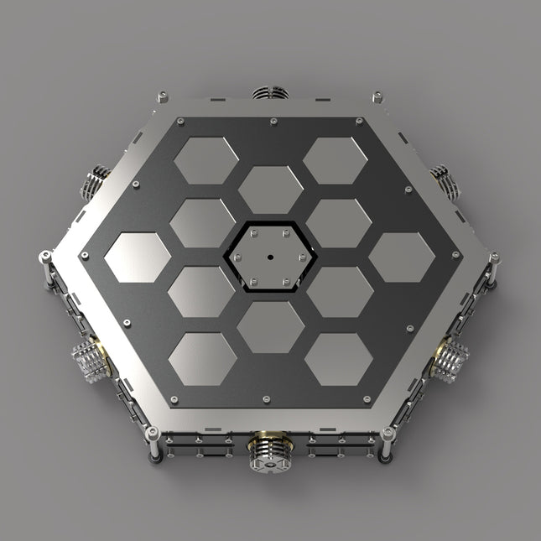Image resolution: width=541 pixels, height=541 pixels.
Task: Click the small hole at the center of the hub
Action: (x=271, y=257)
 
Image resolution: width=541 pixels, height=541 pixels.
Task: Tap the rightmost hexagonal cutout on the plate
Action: (x=402, y=257)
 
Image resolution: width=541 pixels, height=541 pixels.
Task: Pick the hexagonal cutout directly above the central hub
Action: (x=270, y=189)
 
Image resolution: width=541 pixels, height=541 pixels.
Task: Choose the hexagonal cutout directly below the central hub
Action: (x=270, y=325)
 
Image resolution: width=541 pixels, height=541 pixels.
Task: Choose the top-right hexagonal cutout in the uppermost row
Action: (x=336, y=159)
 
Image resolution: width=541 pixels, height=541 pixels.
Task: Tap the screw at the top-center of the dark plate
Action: (x=274, y=122)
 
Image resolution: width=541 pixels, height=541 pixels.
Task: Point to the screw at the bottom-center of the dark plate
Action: (x=267, y=399)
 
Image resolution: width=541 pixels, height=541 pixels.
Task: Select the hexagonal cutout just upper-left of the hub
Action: (x=203, y=222)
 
